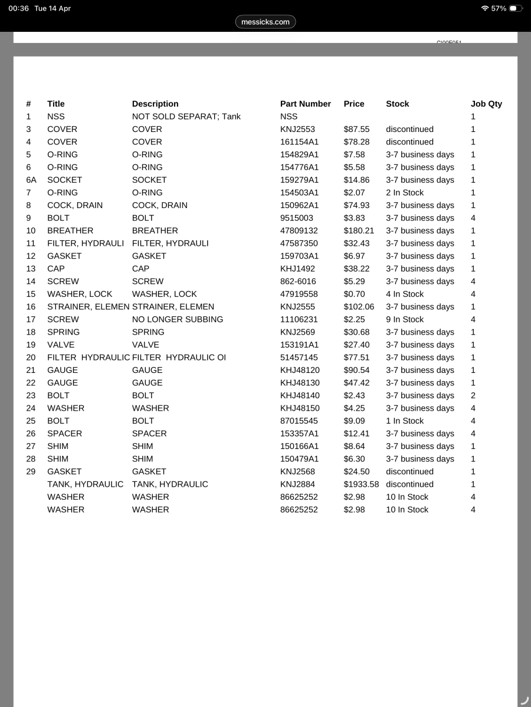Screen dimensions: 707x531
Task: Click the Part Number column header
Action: [x=305, y=104]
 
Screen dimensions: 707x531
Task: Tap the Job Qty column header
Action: [x=486, y=104]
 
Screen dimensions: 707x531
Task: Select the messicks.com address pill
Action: [x=265, y=22]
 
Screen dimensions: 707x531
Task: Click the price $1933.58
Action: [x=361, y=484]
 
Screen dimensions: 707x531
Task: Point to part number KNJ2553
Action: [x=297, y=129]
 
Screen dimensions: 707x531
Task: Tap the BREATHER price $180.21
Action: [x=359, y=230]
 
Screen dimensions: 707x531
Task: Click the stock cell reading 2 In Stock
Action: [x=405, y=193]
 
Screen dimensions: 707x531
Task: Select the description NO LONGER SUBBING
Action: [x=177, y=319]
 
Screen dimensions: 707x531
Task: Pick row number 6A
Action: [x=31, y=180]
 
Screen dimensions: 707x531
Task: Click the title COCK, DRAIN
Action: [x=75, y=205]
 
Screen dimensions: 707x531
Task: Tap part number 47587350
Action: [x=299, y=243]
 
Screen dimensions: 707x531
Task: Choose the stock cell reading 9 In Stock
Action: [x=405, y=319]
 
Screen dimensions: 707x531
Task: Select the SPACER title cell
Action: [x=64, y=434]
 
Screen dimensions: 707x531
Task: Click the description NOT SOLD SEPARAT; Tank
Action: [x=186, y=117]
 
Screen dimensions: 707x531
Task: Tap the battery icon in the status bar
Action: [x=515, y=8]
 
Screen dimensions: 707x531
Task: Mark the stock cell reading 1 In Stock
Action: [x=405, y=421]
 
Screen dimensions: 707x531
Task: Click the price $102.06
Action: [x=359, y=306]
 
